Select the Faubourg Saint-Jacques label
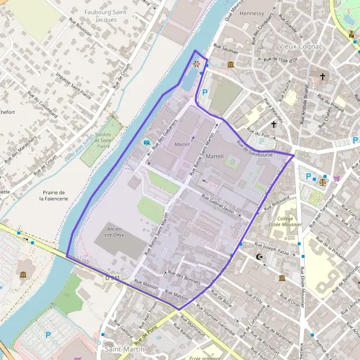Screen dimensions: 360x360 click(108, 16)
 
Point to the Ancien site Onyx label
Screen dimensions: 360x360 click(118, 233)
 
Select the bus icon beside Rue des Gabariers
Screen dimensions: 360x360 click(146, 143)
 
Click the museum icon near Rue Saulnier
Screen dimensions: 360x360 click(230, 64)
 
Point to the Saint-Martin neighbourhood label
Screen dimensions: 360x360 click(119, 349)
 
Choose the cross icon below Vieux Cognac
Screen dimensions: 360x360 click(323, 77)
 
